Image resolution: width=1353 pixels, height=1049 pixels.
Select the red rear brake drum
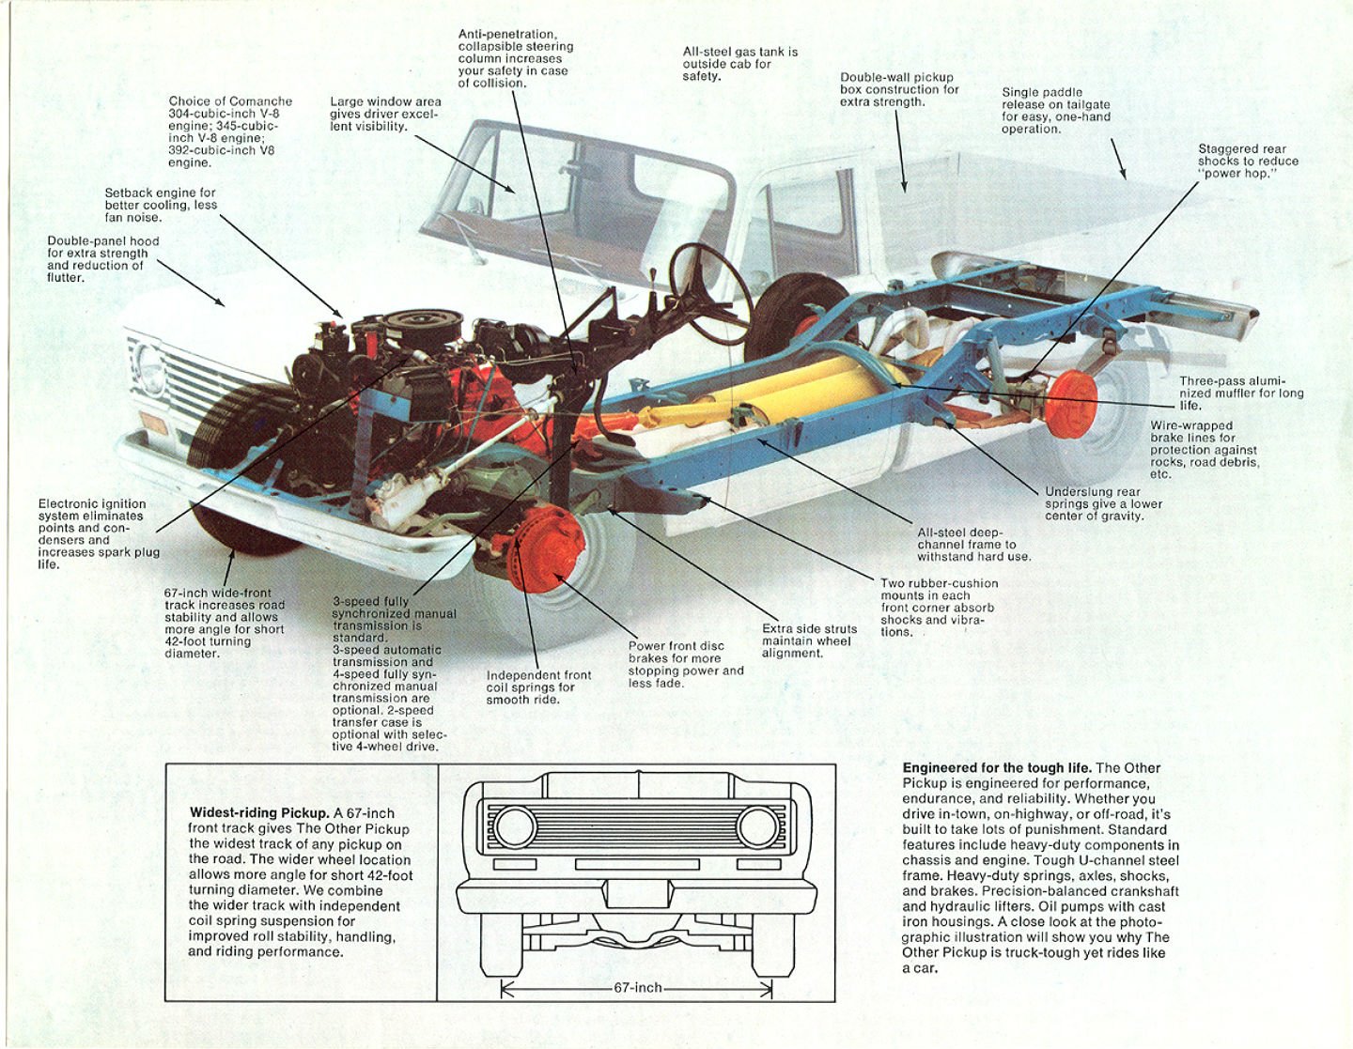tap(1070, 404)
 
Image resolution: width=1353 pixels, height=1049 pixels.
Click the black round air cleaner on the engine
tap(423, 325)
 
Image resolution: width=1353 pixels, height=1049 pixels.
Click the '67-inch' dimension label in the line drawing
tap(637, 988)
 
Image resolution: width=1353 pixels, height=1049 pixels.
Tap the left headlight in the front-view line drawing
tap(514, 827)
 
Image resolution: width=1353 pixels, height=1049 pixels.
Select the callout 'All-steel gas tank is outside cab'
tap(739, 64)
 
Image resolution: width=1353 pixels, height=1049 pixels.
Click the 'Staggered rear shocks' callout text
tap(1248, 161)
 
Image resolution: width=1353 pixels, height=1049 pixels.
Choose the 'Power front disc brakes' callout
tap(685, 664)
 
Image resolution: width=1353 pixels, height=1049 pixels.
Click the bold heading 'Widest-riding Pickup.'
tap(258, 813)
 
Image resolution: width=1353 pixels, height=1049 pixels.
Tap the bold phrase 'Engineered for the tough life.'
tap(997, 768)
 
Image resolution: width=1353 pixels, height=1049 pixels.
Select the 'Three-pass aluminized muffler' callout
tap(1240, 393)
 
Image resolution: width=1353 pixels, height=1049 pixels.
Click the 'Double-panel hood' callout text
tap(102, 259)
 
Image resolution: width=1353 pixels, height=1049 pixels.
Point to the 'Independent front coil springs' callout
tap(538, 686)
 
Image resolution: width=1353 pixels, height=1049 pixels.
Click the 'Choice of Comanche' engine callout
tap(230, 131)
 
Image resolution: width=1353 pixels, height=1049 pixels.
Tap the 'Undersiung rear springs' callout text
tap(1103, 503)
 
